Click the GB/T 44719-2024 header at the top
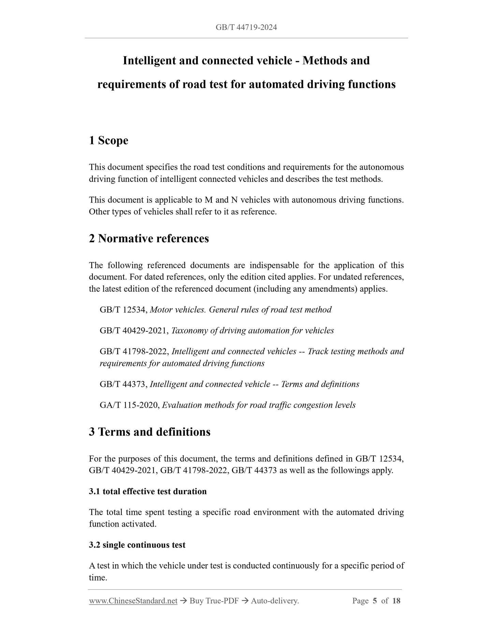(x=246, y=27)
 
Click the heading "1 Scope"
(x=108, y=140)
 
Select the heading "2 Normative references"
(x=149, y=238)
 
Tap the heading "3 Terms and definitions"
(x=149, y=432)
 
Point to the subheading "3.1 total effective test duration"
(x=148, y=492)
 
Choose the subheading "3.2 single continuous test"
(x=137, y=545)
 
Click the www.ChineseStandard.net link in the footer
(x=133, y=601)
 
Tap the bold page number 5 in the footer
(x=375, y=601)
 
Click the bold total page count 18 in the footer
(x=396, y=601)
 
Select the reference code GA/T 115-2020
(x=129, y=405)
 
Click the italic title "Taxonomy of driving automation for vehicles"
(x=252, y=330)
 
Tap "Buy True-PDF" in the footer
(x=214, y=601)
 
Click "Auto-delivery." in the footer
(x=275, y=601)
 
